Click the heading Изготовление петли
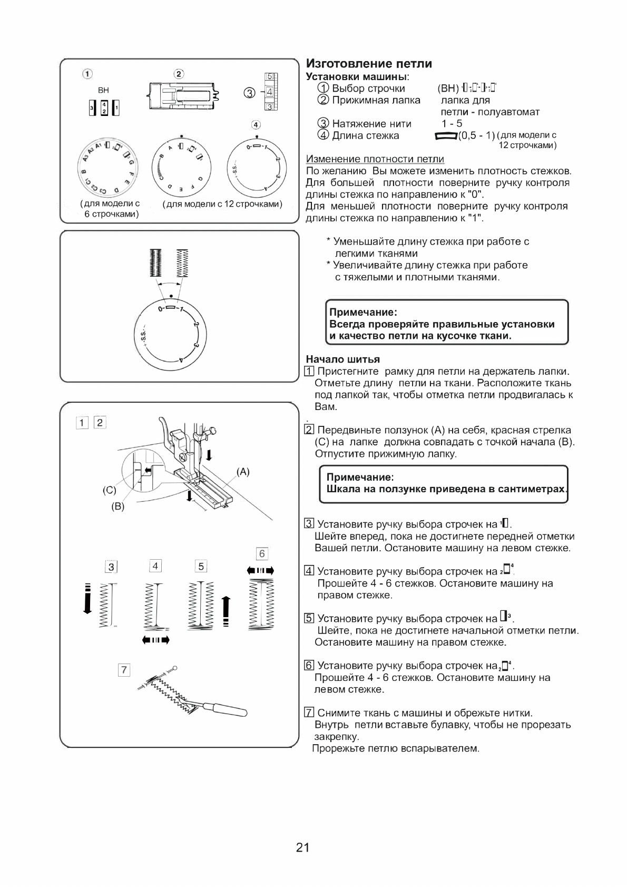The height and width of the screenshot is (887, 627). pos(369,64)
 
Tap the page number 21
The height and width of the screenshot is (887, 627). pos(302,847)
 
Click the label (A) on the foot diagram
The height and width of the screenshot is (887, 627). pos(243,472)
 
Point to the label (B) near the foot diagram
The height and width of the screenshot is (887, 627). pos(117,506)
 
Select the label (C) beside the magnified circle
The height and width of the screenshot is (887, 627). pos(109,490)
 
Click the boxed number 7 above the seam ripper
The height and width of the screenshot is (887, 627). pos(124,670)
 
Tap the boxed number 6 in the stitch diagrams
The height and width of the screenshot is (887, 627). pos(262,553)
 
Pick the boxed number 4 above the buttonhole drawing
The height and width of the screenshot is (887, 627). pos(155,566)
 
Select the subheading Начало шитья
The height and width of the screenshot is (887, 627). pos(342,359)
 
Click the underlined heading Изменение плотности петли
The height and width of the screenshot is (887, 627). pos(375,159)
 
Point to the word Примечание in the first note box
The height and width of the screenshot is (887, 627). pos(363,312)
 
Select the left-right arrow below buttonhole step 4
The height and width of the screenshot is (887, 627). pos(156,640)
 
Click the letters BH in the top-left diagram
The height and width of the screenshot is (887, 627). pos(103,91)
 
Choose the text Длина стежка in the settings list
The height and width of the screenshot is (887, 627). pos(365,135)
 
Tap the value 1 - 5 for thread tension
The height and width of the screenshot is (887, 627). pos(452,124)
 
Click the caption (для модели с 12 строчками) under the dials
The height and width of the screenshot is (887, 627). pos(222,204)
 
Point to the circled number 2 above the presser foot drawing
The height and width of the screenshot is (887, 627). pos(179,74)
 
